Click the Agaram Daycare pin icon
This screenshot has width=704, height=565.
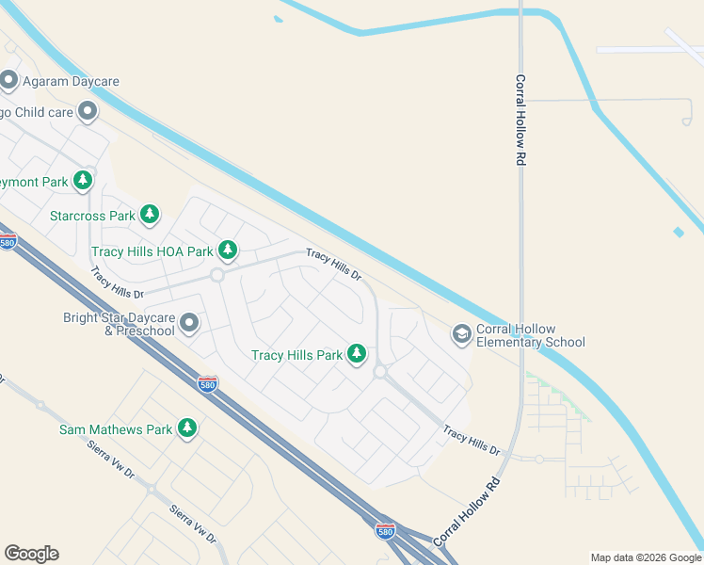[9, 81]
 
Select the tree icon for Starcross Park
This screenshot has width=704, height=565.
[150, 215]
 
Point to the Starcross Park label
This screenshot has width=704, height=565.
[92, 216]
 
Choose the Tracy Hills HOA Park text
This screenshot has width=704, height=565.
[152, 251]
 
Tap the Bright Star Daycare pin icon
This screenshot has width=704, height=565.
[189, 324]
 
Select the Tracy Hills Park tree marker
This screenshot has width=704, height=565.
[357, 354]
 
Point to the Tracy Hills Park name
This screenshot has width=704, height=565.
[296, 355]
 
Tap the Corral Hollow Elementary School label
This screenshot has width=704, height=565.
[532, 335]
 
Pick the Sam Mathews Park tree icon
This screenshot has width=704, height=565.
[187, 428]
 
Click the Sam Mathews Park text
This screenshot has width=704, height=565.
[116, 429]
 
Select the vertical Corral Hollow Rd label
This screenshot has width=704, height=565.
[520, 121]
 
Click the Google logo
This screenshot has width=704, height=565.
[31, 554]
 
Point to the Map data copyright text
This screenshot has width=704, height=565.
[645, 557]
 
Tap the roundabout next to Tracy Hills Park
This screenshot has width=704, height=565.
[380, 373]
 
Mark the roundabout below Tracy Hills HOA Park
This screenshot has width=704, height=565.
[216, 275]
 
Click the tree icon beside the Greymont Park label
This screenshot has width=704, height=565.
[85, 180]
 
